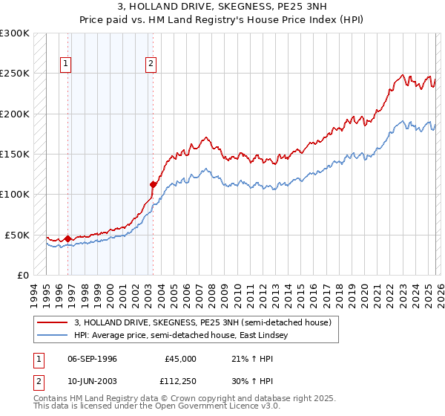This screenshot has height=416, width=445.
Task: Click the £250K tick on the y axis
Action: click(x=15, y=74)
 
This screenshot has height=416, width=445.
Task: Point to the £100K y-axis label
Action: click(x=15, y=195)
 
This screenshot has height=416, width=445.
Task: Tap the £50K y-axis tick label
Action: click(x=17, y=235)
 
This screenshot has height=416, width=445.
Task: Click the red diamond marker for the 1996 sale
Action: click(x=67, y=238)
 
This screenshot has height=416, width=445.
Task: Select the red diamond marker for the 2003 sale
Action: click(x=153, y=184)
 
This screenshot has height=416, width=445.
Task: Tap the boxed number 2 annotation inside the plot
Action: click(x=151, y=65)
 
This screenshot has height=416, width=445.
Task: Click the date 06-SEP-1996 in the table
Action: click(x=92, y=359)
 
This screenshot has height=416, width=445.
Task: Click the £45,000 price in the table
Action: click(x=180, y=359)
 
